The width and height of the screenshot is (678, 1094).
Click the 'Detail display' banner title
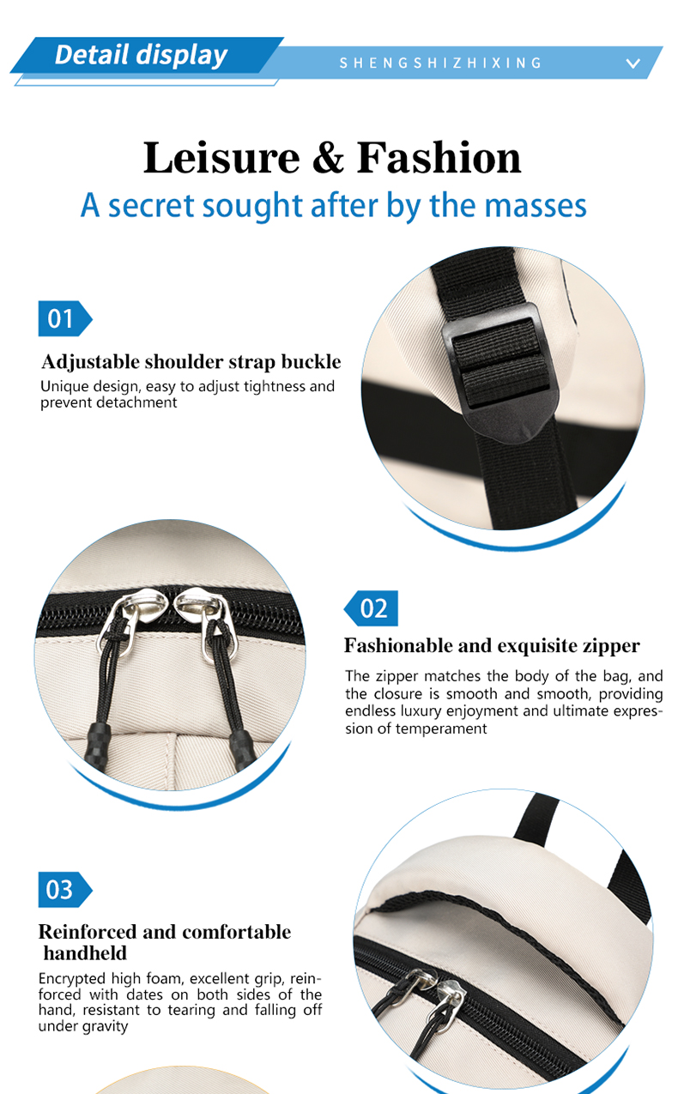pyautogui.click(x=141, y=55)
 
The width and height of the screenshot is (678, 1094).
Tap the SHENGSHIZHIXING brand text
pyautogui.click(x=440, y=63)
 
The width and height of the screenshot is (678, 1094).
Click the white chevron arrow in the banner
pyautogui.click(x=633, y=63)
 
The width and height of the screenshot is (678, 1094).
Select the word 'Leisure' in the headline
pyautogui.click(x=221, y=158)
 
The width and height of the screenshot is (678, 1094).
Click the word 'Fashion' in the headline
pyautogui.click(x=439, y=157)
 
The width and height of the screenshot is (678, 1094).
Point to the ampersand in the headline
pyautogui.click(x=328, y=158)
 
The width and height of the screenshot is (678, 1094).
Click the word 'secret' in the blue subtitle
pyautogui.click(x=151, y=206)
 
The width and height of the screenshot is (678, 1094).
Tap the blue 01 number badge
pyautogui.click(x=65, y=318)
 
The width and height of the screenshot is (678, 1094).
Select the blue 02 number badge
pyautogui.click(x=371, y=608)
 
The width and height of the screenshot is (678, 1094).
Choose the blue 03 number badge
pyautogui.click(x=65, y=890)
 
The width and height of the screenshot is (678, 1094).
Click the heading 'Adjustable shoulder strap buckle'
pyautogui.click(x=191, y=362)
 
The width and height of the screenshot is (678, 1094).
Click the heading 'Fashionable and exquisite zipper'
pyautogui.click(x=492, y=645)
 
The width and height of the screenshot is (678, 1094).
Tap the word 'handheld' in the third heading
pyautogui.click(x=86, y=953)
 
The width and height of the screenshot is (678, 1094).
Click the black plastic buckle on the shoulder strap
pyautogui.click(x=500, y=373)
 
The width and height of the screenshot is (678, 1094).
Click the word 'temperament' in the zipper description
pyautogui.click(x=441, y=729)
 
